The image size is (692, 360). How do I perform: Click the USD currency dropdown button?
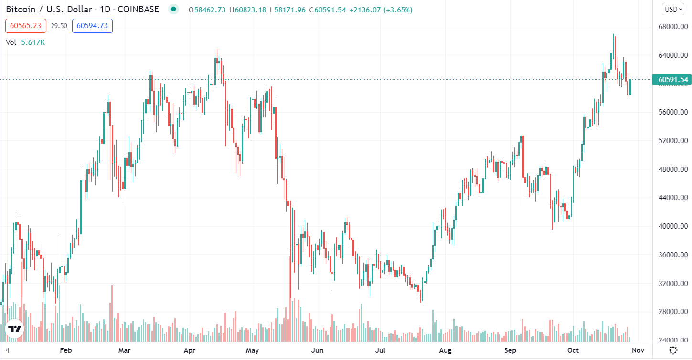[x=673, y=9]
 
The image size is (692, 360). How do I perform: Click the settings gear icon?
[x=673, y=350]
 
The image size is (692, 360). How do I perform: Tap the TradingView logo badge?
[x=14, y=329]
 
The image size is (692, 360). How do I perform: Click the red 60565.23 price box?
[x=26, y=26]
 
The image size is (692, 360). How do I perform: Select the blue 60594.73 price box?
[x=92, y=26]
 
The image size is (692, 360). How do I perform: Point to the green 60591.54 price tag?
[x=672, y=80]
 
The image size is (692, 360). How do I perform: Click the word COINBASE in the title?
[x=138, y=10]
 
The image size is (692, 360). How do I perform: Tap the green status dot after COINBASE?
[x=173, y=10]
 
